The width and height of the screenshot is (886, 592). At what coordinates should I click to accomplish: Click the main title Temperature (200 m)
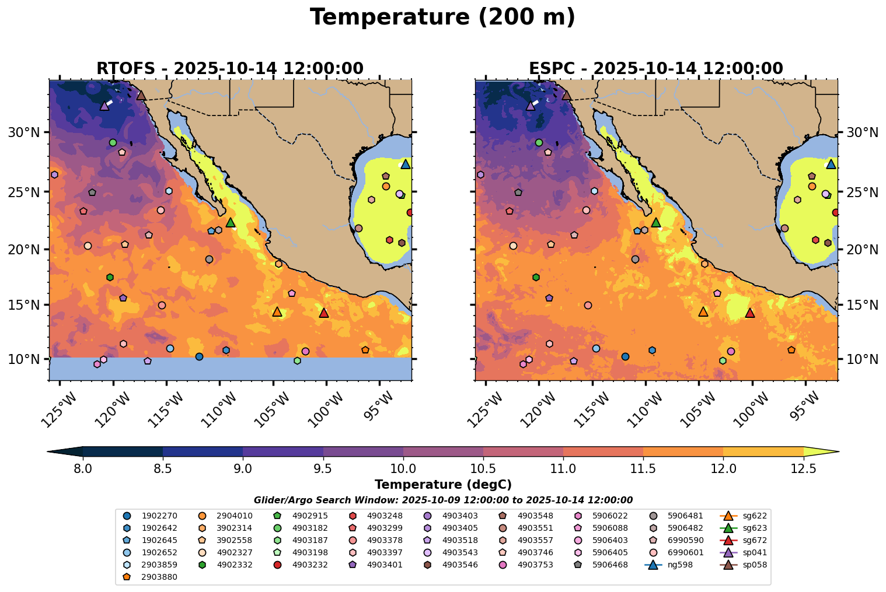[x=442, y=17]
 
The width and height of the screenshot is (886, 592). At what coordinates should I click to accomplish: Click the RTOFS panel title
[x=229, y=68]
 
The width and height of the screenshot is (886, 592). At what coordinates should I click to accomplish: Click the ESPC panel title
[x=655, y=68]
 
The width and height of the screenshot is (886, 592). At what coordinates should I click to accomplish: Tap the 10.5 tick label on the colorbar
[x=483, y=468]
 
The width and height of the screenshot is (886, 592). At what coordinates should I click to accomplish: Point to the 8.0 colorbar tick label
[x=83, y=468]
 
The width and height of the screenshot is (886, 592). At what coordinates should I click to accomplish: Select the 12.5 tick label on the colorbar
[x=803, y=468]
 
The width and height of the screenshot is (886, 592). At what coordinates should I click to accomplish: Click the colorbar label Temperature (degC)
[x=443, y=485]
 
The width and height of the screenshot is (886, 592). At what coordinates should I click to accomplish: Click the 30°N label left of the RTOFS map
[x=24, y=132]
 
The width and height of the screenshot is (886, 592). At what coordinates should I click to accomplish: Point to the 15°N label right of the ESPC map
[x=862, y=305]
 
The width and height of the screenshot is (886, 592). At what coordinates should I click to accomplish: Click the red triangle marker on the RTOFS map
[x=324, y=313]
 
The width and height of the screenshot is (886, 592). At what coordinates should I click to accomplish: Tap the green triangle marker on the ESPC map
[x=656, y=223]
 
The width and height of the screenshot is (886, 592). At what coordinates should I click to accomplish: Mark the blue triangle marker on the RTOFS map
[x=405, y=164]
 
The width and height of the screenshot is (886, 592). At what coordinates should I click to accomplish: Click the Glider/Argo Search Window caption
[x=443, y=500]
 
